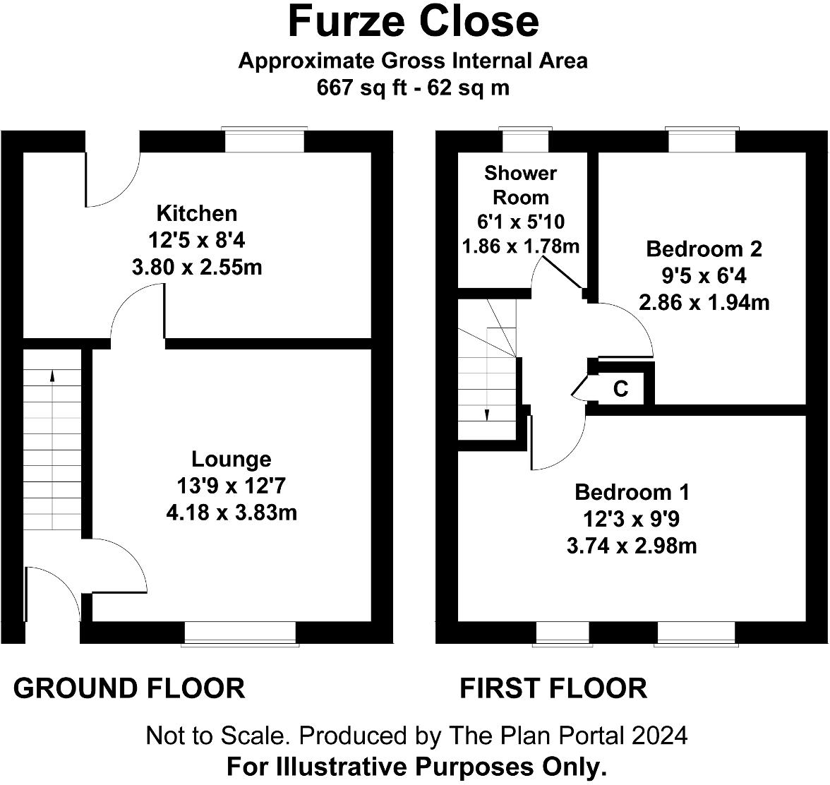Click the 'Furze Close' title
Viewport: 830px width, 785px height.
point(414,21)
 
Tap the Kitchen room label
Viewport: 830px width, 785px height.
point(197,213)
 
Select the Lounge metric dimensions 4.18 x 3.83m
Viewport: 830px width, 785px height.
point(231,513)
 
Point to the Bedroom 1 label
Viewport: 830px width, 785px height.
point(632,492)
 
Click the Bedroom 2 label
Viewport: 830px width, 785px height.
point(704,248)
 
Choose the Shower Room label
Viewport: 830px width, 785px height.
point(521,185)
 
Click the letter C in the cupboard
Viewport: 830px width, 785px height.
point(620,389)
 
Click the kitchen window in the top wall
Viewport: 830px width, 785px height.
point(264,140)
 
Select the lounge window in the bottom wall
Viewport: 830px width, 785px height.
point(240,633)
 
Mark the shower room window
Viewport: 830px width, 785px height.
point(525,140)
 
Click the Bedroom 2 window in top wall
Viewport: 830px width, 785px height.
point(702,140)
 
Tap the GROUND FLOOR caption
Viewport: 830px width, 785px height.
point(129,688)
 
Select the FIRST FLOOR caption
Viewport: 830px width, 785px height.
point(553,688)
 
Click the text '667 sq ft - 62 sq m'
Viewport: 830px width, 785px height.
point(413,88)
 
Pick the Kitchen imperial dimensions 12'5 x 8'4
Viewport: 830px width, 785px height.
point(197,241)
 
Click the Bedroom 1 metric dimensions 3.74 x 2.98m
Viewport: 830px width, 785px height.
point(632,546)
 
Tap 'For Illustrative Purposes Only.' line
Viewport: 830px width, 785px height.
point(416,767)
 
